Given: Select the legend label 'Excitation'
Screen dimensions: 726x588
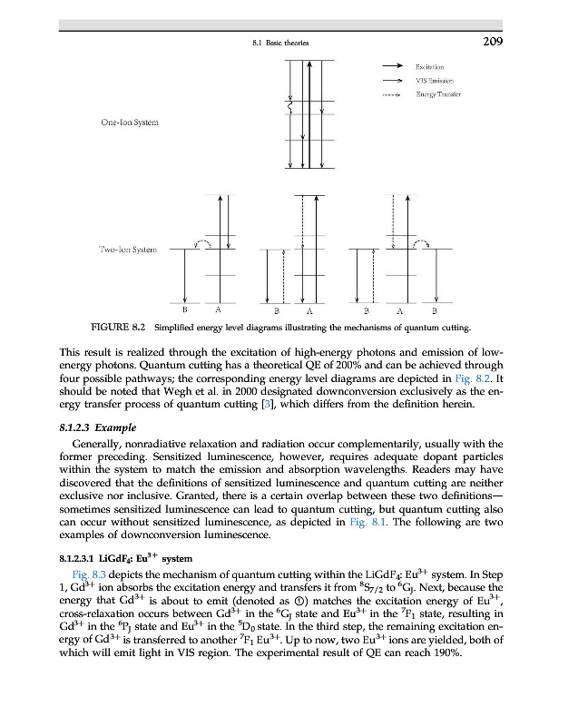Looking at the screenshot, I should pos(429,66).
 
